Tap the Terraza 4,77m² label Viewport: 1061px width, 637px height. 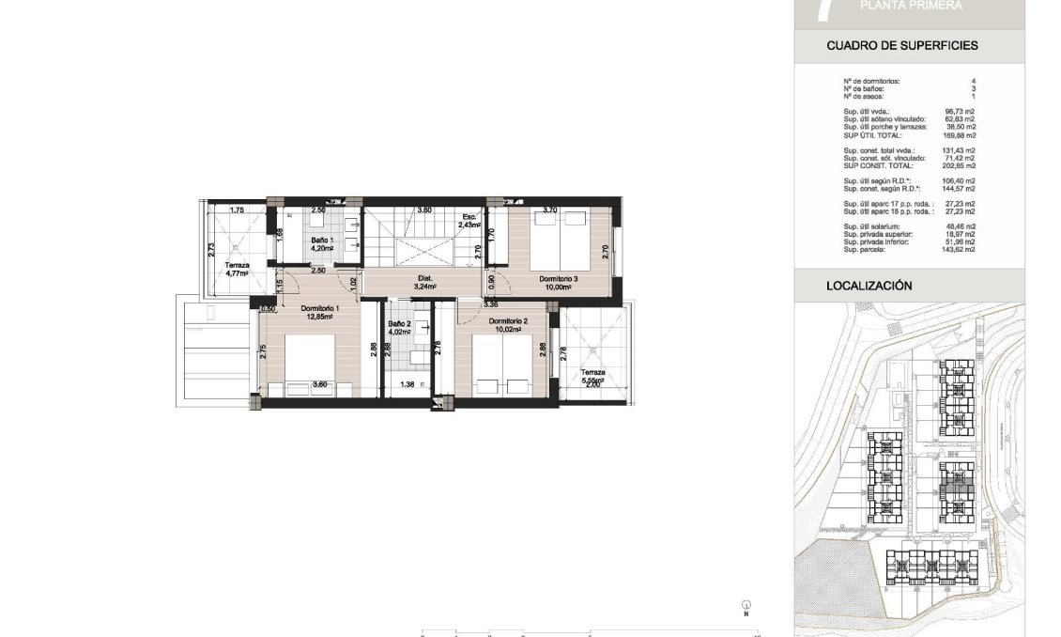pos(237,271)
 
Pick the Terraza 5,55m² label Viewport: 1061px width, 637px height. pos(592,376)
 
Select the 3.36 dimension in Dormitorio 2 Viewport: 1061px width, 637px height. pos(490,304)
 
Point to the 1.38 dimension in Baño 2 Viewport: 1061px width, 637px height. pos(407,384)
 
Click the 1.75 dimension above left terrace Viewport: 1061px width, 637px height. pos(237,210)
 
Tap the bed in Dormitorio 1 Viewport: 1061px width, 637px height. pos(310,362)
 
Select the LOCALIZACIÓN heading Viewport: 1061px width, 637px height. pos(869,286)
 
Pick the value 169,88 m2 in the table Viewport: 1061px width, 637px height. pos(959,135)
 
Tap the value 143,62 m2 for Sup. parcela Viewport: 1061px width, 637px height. pos(959,250)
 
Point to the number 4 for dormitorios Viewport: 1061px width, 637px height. pos(973,82)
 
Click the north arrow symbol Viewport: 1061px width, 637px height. pos(745,606)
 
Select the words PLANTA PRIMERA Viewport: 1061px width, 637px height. pos(911,6)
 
